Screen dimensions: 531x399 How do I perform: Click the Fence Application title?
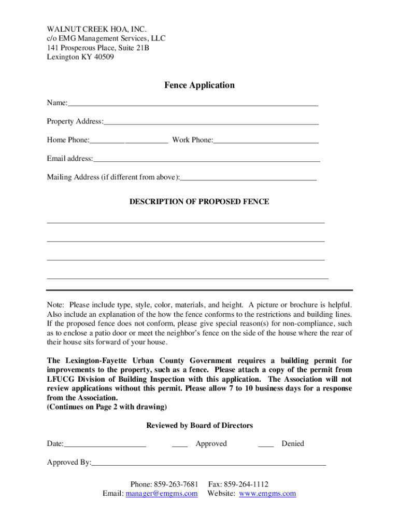(199, 85)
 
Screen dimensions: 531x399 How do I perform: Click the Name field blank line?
(193, 104)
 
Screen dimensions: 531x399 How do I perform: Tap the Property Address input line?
(211, 123)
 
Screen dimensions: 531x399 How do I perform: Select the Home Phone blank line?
(129, 141)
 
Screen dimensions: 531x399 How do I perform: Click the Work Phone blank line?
(266, 141)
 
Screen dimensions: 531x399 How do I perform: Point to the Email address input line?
(206, 160)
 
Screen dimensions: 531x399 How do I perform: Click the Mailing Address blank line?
(248, 178)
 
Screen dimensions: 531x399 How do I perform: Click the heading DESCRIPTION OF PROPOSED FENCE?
(199, 202)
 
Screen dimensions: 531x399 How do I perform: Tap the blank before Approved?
(180, 445)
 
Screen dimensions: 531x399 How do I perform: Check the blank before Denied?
(266, 445)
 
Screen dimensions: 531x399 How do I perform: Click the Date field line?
(105, 445)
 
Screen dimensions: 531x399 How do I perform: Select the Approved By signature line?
(209, 464)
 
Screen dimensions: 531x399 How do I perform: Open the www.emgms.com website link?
(267, 494)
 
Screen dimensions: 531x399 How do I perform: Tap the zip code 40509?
(104, 57)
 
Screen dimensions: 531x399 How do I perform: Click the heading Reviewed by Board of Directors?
(199, 426)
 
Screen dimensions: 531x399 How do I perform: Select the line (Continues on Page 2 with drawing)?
(107, 407)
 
